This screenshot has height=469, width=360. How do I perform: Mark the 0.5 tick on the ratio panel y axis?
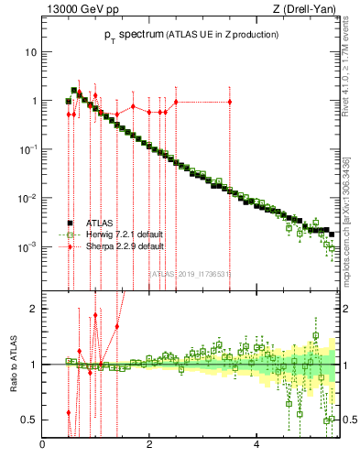[x=29, y=420]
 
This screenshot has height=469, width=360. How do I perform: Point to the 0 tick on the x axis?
[x=43, y=444]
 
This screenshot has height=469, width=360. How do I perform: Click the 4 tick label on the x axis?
[x=256, y=444]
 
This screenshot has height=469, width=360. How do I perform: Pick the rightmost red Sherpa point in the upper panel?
[x=230, y=102]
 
